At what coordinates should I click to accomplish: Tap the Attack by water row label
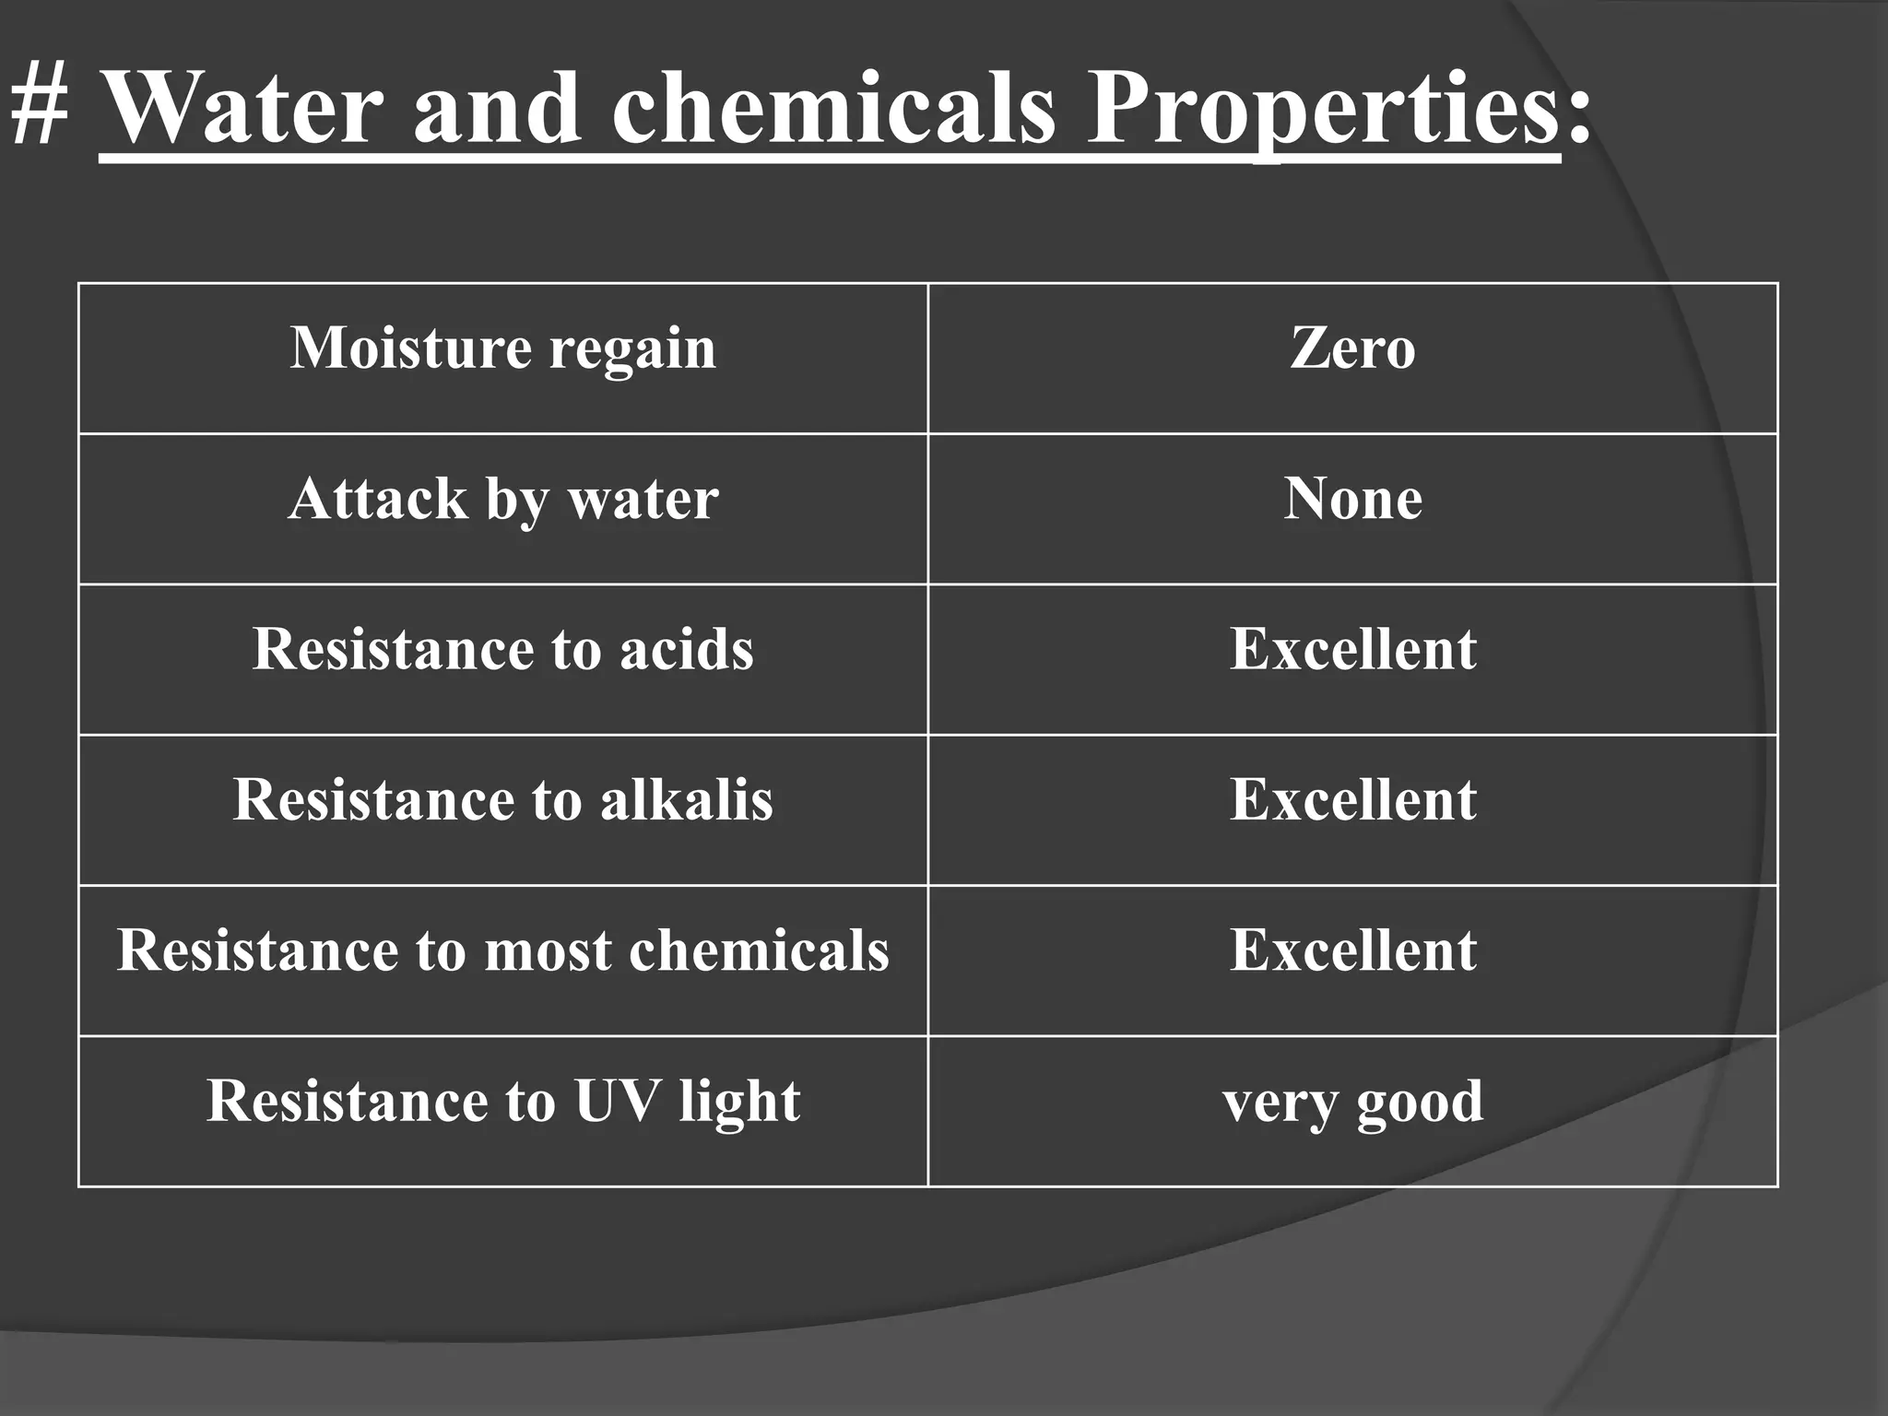point(502,500)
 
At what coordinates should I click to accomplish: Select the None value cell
point(1352,500)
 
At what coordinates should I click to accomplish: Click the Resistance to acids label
point(502,649)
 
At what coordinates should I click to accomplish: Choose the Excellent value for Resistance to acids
point(1352,649)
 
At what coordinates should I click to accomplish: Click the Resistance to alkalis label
point(502,799)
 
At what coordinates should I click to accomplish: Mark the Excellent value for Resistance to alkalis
point(1352,799)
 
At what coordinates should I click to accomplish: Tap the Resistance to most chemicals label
point(502,950)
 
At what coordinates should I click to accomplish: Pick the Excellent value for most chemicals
point(1352,950)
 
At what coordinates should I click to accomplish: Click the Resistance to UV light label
point(502,1101)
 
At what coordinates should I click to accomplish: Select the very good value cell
point(1352,1103)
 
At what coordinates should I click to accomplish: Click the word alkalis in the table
point(686,799)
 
